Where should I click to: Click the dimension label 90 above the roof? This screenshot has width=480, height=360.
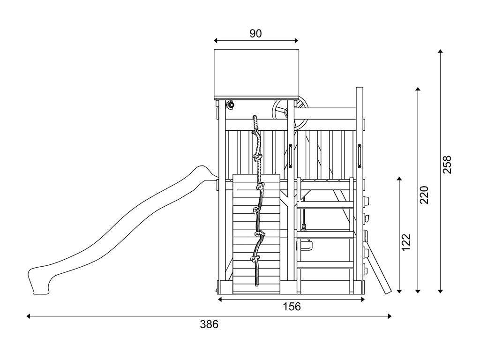(x=255, y=33)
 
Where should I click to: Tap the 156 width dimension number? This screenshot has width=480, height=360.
(x=292, y=307)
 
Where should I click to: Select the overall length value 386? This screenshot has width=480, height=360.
(x=209, y=324)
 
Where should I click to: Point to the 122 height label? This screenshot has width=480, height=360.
(x=406, y=242)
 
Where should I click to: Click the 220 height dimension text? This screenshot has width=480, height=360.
(x=424, y=195)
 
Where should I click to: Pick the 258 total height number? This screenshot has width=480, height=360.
(x=447, y=165)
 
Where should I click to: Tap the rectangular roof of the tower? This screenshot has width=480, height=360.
(x=256, y=74)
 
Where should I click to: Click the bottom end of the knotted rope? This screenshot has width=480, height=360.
(x=256, y=284)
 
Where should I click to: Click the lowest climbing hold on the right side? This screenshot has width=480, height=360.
(x=365, y=269)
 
